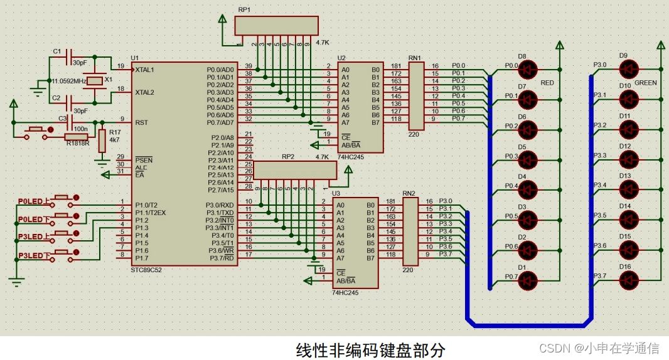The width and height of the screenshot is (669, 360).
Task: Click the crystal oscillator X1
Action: [95, 81]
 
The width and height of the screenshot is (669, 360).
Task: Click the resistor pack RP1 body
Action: [276, 26]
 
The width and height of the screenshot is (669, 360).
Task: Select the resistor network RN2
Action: [409, 231]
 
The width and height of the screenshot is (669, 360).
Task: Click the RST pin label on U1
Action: [141, 122]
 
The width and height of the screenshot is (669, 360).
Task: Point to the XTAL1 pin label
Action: [146, 69]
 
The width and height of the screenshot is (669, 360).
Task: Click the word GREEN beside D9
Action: [645, 83]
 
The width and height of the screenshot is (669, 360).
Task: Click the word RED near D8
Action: [547, 82]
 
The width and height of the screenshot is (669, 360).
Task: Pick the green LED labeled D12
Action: [629, 159]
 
